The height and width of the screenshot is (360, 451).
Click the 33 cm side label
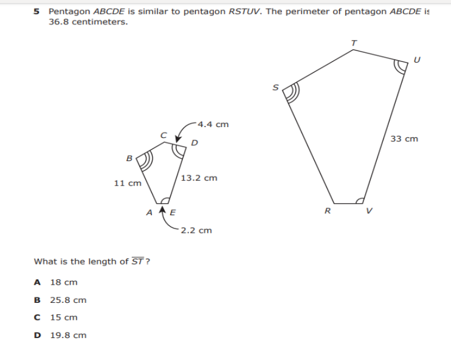point(404,139)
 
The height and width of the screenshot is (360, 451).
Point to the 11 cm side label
point(128,182)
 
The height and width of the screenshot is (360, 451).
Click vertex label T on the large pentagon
point(354,41)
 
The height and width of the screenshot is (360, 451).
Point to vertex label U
point(416,59)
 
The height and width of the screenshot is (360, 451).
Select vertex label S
point(275,88)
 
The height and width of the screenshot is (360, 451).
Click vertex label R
point(327,212)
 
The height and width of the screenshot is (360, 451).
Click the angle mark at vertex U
point(401,64)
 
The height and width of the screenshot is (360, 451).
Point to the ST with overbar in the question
point(138,261)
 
